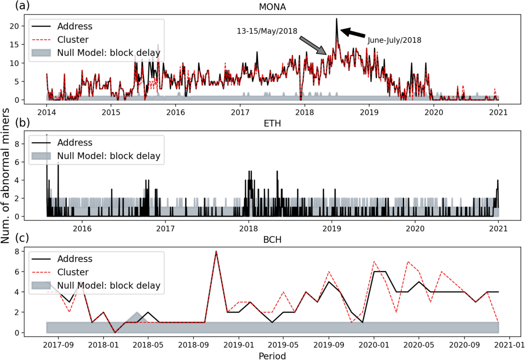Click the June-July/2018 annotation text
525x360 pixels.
coord(394,40)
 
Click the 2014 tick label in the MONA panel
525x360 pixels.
coord(46,111)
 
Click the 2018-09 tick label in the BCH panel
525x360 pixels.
coord(192,344)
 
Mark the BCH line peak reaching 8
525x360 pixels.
coord(216,251)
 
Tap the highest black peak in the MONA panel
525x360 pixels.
coord(336,19)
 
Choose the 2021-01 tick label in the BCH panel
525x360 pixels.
coord(510,344)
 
